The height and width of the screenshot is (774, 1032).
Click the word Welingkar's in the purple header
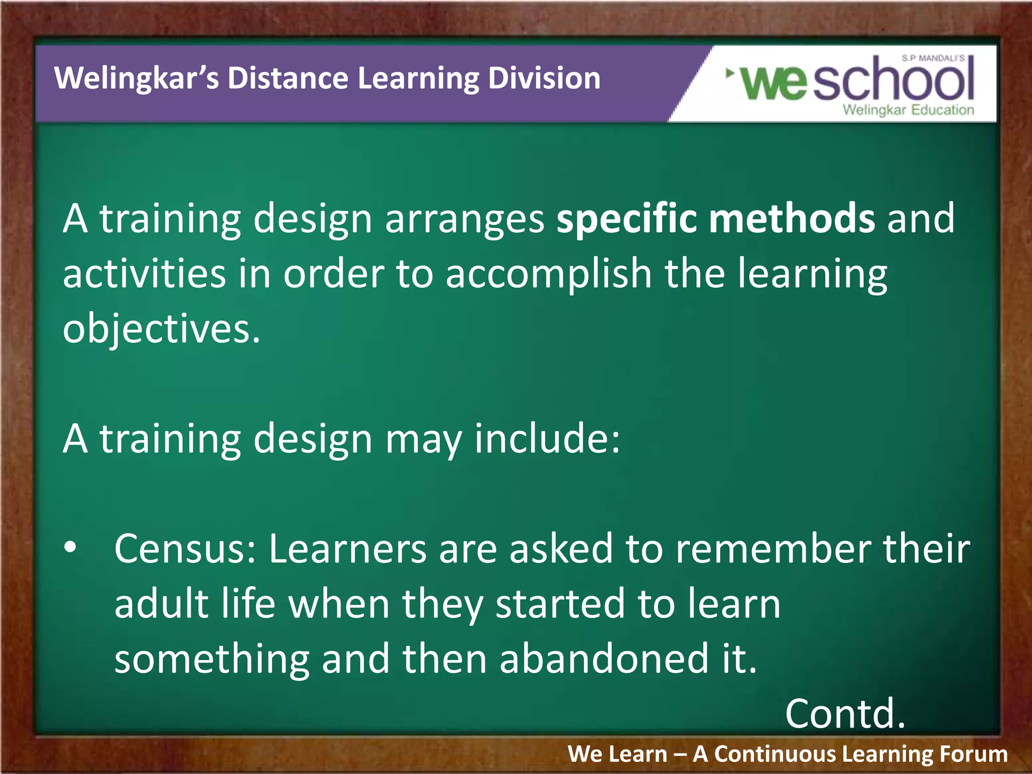136,79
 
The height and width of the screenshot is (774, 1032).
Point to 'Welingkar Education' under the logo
908,110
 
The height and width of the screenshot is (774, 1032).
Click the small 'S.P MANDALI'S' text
933,58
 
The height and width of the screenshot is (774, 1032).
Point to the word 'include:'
547,438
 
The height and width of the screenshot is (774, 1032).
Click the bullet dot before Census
71,547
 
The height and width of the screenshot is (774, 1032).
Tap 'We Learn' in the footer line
617,754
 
